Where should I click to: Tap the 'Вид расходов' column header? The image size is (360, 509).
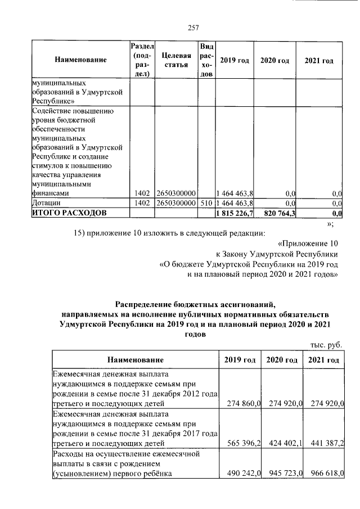coord(206,60)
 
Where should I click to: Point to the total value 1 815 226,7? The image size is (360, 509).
coord(235,213)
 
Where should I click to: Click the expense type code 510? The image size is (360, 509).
coord(206,202)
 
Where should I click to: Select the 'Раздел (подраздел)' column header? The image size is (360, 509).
coord(142,60)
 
